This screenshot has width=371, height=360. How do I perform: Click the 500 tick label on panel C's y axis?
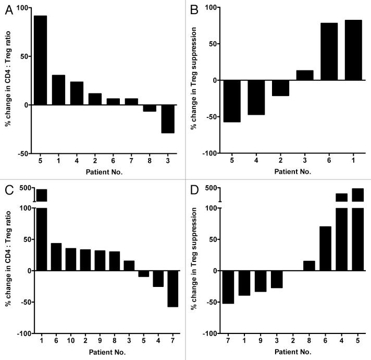[24, 188]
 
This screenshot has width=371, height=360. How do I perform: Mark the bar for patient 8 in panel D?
[309, 266]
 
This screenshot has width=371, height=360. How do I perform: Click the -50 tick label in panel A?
[23, 153]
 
